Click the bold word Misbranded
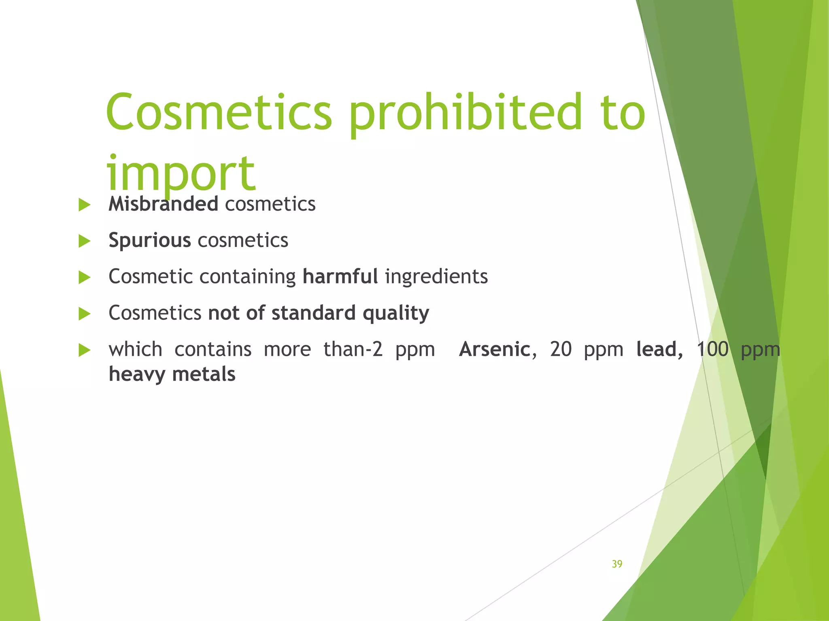click(x=164, y=204)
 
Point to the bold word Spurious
click(x=149, y=240)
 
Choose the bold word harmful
click(x=340, y=277)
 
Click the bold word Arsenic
click(x=495, y=349)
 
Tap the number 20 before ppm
click(x=561, y=349)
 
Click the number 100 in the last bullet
click(x=712, y=349)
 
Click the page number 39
click(x=617, y=564)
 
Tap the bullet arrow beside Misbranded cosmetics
click(x=84, y=205)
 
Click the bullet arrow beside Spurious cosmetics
click(x=84, y=241)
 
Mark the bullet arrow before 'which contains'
click(x=84, y=350)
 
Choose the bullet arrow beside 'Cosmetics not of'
click(x=84, y=314)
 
